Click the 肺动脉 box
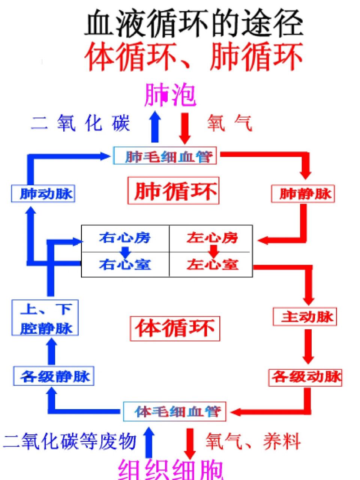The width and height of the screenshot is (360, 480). (x=43, y=194)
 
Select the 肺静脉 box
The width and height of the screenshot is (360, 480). (x=303, y=194)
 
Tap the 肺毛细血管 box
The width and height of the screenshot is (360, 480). (x=165, y=156)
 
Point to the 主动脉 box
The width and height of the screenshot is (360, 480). (x=304, y=317)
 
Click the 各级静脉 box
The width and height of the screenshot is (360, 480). (x=54, y=376)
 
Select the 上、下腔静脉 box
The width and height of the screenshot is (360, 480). (x=45, y=318)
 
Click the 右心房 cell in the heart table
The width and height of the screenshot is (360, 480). (x=125, y=238)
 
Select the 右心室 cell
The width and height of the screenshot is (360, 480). (x=125, y=265)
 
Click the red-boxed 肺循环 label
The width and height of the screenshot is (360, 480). (x=173, y=190)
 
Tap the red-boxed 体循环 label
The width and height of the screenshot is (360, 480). (x=175, y=328)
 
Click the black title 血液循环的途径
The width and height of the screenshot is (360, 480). (x=193, y=23)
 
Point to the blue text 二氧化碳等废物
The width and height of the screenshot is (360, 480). (x=70, y=441)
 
